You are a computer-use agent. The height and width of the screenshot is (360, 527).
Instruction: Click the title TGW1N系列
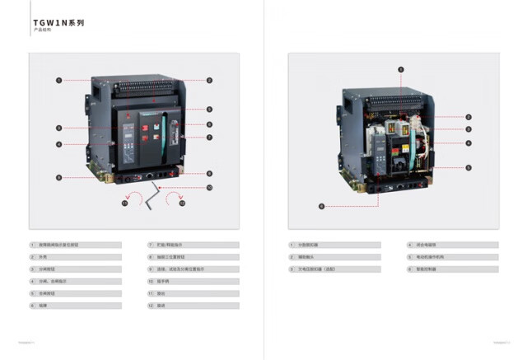coord(58,22)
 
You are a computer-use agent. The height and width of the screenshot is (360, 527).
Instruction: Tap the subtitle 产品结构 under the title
coord(42,30)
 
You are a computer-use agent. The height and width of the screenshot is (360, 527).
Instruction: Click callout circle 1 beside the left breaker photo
coord(59,80)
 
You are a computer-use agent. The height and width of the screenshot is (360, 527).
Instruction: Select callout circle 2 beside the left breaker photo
coord(210,80)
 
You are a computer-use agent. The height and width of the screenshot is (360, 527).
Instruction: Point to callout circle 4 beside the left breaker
coord(59,144)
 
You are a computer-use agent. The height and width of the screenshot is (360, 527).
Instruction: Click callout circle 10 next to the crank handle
coord(210,187)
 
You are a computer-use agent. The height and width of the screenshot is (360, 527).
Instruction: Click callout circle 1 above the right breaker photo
coord(401,69)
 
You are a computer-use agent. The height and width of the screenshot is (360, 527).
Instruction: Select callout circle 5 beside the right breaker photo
coord(469,167)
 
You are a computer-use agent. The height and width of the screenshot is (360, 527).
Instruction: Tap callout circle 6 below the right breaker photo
coord(321,206)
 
